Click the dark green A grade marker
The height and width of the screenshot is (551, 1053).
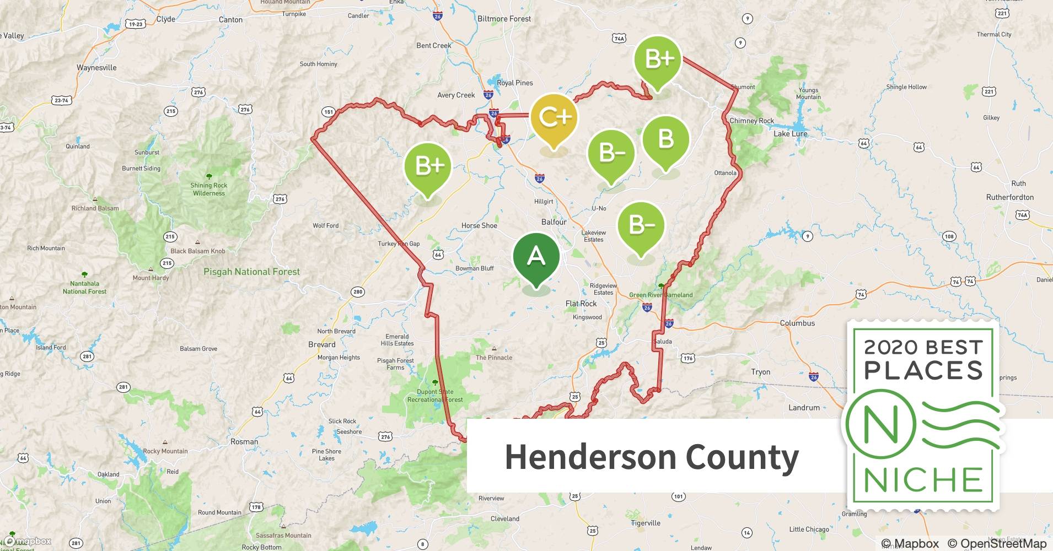(x=536, y=257)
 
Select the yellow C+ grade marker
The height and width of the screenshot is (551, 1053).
(x=554, y=117)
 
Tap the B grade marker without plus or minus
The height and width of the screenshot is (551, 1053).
(x=665, y=139)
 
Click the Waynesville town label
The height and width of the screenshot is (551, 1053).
(x=96, y=68)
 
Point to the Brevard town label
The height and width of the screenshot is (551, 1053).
(x=321, y=344)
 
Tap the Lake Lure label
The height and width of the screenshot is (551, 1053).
(x=790, y=134)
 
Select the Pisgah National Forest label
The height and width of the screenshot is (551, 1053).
(x=251, y=272)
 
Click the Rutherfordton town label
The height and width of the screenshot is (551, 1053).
(x=1009, y=197)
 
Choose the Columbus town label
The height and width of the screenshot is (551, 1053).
(x=797, y=323)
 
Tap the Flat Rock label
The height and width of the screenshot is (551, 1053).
(x=581, y=304)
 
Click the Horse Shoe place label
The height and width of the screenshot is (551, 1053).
(x=479, y=225)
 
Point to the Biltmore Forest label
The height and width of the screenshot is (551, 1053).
(x=504, y=19)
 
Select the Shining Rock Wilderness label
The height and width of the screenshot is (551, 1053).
(x=208, y=189)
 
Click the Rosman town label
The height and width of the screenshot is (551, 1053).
(x=244, y=441)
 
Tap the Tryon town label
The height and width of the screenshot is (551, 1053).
(x=760, y=372)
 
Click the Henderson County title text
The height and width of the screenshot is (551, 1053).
(x=652, y=457)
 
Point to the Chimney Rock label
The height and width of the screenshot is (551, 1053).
(x=751, y=121)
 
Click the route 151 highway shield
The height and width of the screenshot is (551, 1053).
(x=328, y=112)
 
